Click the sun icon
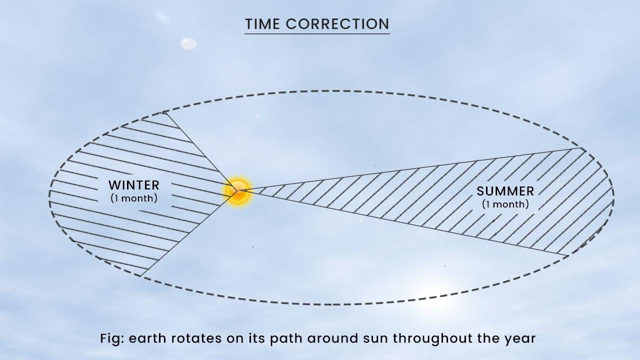238,191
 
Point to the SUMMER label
505,191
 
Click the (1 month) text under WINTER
133,198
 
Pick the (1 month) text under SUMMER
505,204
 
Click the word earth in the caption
144,338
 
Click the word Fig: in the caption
112,338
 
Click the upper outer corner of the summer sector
581,148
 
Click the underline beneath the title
317,33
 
